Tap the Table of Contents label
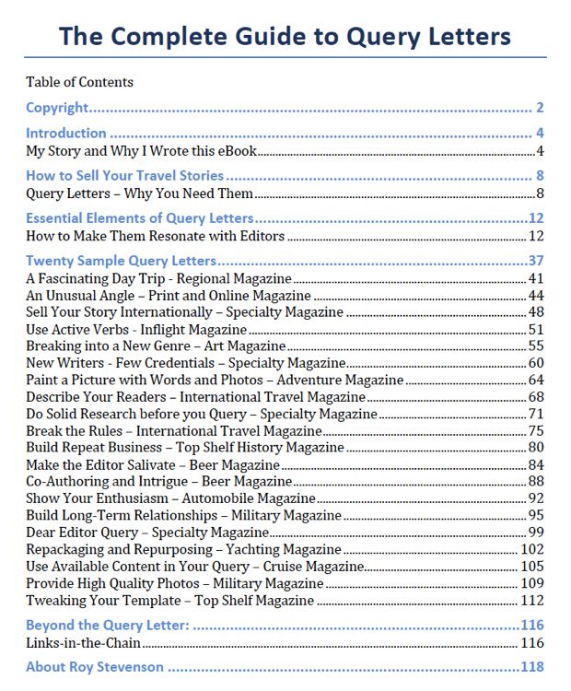(x=79, y=82)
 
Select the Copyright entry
(x=57, y=108)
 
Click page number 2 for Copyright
(x=540, y=108)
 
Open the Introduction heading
(x=66, y=133)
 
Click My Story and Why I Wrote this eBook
(x=141, y=151)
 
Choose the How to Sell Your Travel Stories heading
(x=124, y=175)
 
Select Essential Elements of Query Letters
(x=139, y=218)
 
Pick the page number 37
(x=536, y=261)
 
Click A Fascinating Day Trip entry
(x=158, y=278)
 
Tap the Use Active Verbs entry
(x=136, y=329)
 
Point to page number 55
(x=536, y=345)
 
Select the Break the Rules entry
(x=173, y=430)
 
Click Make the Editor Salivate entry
(x=152, y=464)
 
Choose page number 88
(x=536, y=481)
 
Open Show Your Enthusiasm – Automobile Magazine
(x=170, y=498)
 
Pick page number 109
(x=532, y=583)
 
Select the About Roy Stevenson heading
(x=95, y=667)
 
